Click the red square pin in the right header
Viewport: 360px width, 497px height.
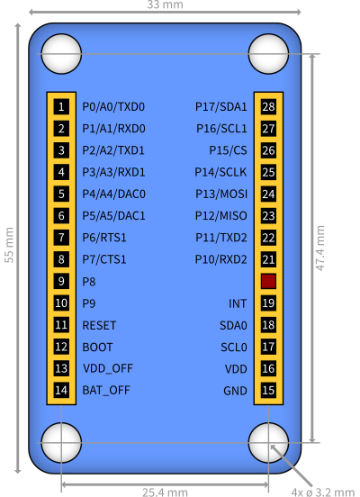[x=268, y=281]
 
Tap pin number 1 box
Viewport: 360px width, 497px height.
[x=61, y=106]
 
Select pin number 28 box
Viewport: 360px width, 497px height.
[x=268, y=106]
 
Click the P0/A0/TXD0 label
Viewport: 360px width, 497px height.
[x=113, y=107]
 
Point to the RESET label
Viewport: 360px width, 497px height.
[x=99, y=325]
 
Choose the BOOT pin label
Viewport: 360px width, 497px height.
[x=97, y=347]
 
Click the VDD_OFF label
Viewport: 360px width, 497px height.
[x=108, y=368]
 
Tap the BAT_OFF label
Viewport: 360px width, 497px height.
[x=106, y=390]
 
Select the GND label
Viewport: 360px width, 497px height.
[x=235, y=391]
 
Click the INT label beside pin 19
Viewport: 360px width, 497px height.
[x=238, y=303]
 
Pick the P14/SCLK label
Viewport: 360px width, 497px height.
[x=220, y=172]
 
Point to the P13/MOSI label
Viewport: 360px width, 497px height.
[x=221, y=194]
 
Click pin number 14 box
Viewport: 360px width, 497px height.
[x=61, y=390]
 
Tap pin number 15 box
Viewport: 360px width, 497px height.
[x=268, y=390]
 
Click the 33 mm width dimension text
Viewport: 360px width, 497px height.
[x=165, y=5]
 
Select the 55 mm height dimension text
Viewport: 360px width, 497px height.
[x=9, y=245]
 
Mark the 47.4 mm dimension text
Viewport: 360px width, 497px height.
[x=320, y=248]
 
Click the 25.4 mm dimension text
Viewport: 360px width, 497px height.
[x=165, y=492]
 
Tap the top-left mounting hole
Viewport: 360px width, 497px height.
[x=61, y=54]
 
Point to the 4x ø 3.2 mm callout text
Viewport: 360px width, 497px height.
[x=322, y=492]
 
